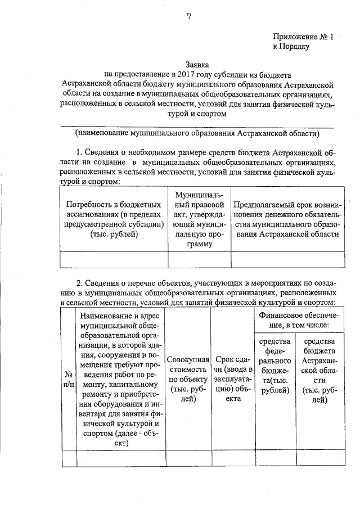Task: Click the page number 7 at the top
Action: tap(190, 16)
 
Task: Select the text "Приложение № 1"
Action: tap(303, 37)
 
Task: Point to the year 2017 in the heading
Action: tap(185, 74)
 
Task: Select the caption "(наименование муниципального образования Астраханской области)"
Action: tap(197, 133)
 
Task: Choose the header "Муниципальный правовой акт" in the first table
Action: tap(199, 219)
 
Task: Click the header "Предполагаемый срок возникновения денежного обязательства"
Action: tap(287, 219)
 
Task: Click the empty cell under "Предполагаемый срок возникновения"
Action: tap(287, 259)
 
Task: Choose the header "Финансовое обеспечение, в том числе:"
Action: tap(302, 321)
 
